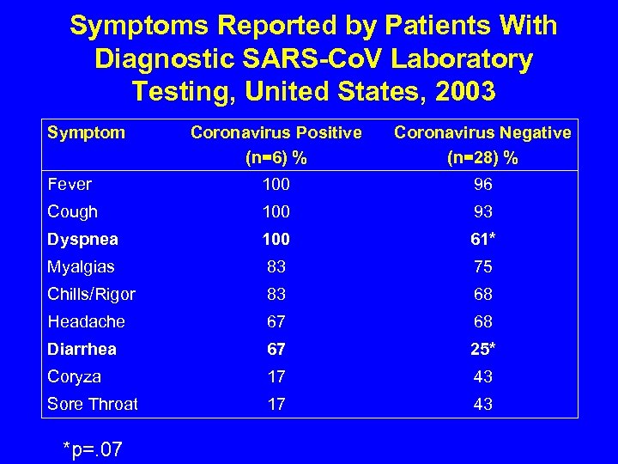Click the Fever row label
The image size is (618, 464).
(x=70, y=184)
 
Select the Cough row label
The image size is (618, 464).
(x=73, y=211)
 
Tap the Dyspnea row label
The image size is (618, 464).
(x=82, y=239)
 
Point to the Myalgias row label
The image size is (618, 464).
(x=82, y=266)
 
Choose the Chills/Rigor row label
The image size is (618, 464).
(x=91, y=294)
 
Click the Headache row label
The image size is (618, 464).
(x=86, y=321)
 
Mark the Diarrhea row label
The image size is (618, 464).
(x=82, y=349)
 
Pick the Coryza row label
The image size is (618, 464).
(x=75, y=376)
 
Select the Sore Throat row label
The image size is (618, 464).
(x=93, y=404)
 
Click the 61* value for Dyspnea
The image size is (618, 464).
(x=483, y=239)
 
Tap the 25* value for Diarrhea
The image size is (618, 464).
(x=483, y=349)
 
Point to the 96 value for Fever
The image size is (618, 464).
(x=483, y=184)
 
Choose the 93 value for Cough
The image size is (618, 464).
(x=483, y=211)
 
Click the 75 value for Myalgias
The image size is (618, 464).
(x=483, y=266)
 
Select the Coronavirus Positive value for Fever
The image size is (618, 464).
(x=276, y=184)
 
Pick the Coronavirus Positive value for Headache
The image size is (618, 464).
(x=276, y=321)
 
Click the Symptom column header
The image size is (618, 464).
(x=86, y=132)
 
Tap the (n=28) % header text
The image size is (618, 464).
(x=482, y=158)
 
